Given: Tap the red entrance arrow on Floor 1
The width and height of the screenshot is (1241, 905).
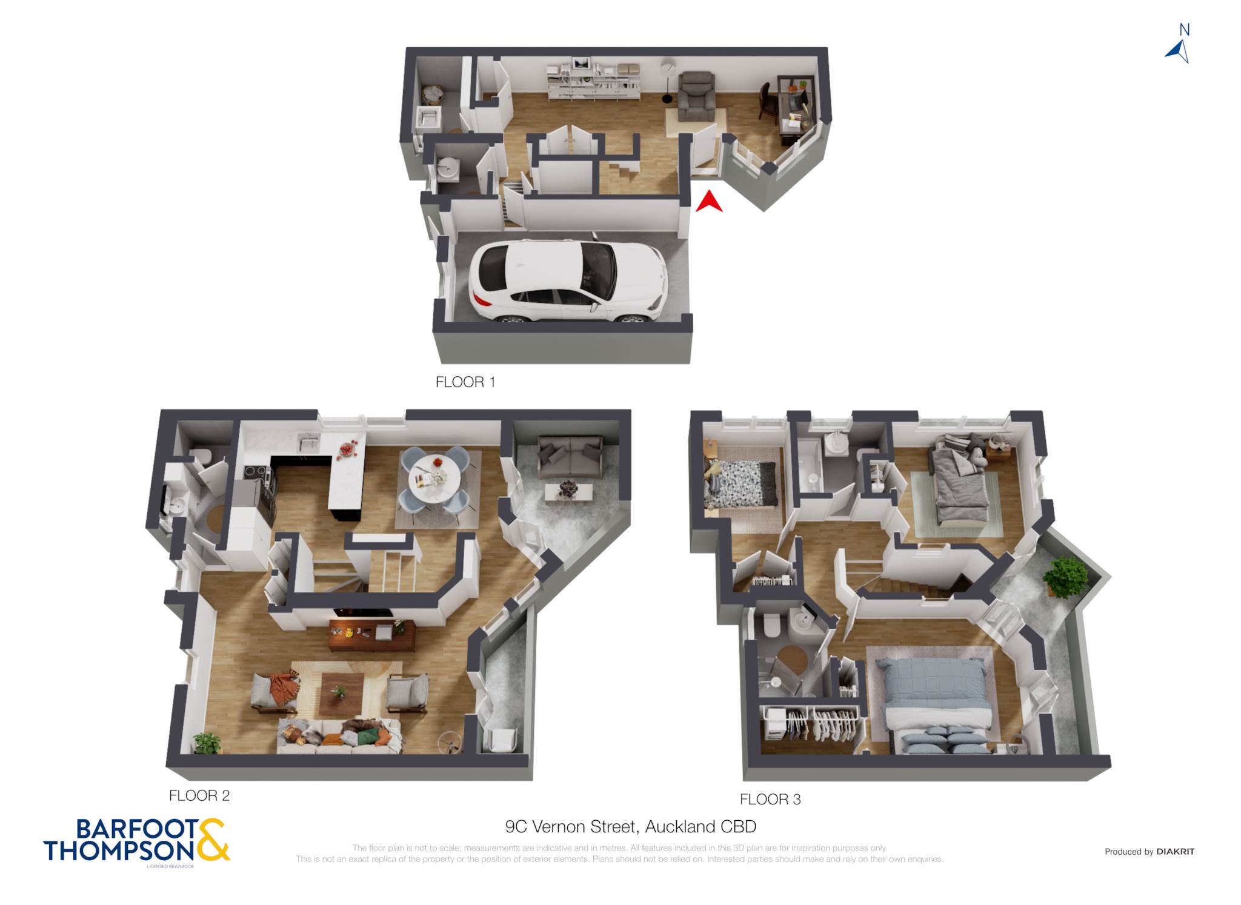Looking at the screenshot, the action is (x=709, y=202).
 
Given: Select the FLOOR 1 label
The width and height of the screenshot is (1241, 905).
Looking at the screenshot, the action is (x=465, y=382).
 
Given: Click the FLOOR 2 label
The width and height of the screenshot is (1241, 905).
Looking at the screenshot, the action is (x=199, y=796).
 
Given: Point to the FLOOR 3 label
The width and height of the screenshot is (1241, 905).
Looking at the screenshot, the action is (x=770, y=800).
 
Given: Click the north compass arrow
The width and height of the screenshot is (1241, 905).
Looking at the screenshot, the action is (x=1179, y=51).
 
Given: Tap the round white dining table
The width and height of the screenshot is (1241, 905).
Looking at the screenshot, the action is (x=434, y=479).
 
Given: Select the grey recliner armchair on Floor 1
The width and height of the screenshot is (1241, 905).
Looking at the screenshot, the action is (x=696, y=96).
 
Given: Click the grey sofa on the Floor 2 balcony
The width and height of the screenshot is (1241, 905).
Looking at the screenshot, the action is (x=570, y=457).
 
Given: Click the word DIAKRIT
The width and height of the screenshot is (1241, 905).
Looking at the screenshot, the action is (x=1175, y=852).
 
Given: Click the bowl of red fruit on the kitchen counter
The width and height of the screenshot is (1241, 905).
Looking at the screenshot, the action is (x=347, y=449).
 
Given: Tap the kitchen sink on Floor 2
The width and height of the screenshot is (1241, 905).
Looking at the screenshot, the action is (x=308, y=443).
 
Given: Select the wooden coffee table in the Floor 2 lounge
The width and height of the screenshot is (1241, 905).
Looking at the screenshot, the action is (x=342, y=693).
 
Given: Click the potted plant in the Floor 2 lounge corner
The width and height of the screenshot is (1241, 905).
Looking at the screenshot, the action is (x=207, y=743).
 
